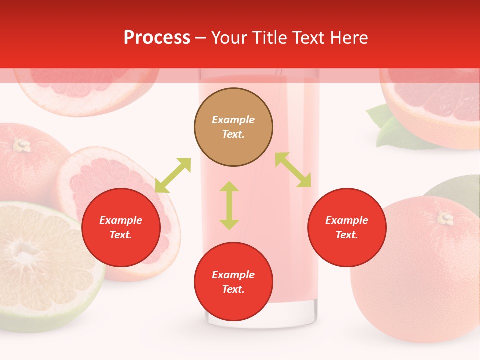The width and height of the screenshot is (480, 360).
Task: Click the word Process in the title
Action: click(157, 38)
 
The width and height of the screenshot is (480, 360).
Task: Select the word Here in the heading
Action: click(349, 38)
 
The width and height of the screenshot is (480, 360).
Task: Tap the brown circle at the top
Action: click(233, 127)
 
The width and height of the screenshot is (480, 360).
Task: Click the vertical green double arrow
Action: click(229, 205)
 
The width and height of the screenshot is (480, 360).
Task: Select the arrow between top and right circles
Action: click(293, 170)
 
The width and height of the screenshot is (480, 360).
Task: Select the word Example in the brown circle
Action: click(233, 120)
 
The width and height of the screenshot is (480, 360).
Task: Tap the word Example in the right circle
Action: click(347, 220)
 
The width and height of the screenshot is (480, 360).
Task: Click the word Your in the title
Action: click(230, 38)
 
